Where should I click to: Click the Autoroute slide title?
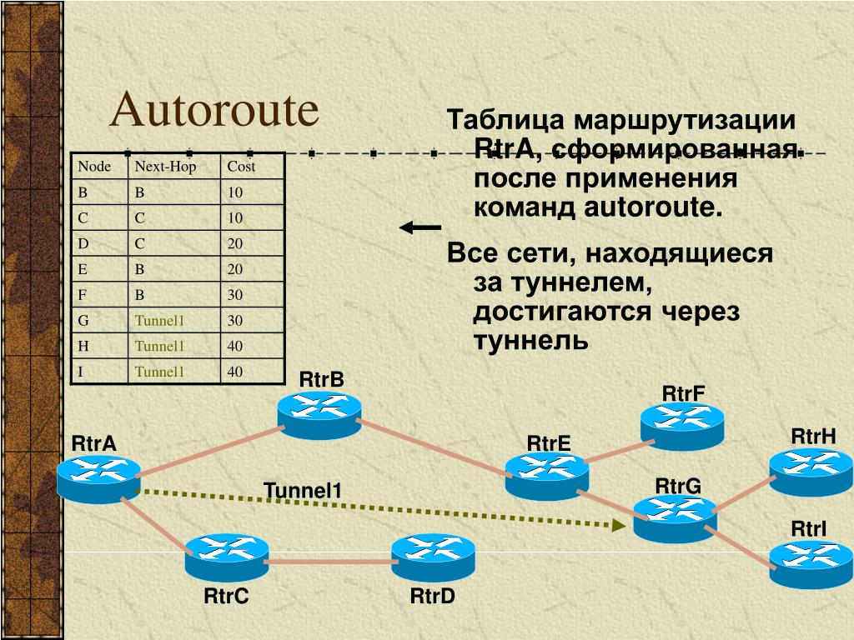pos(215,111)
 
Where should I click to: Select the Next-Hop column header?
pos(165,167)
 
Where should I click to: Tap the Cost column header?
pos(241,167)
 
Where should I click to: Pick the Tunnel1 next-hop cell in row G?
pos(159,320)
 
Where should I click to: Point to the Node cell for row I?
pos(81,372)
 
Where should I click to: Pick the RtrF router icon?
pos(682,426)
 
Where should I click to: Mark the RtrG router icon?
pos(675,517)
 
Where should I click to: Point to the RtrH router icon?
pos(811,472)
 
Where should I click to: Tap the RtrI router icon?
pos(811,563)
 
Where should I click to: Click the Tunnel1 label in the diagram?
pos(303,490)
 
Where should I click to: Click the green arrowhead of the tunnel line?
pos(618,524)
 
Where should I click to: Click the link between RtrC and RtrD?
pos(330,562)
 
